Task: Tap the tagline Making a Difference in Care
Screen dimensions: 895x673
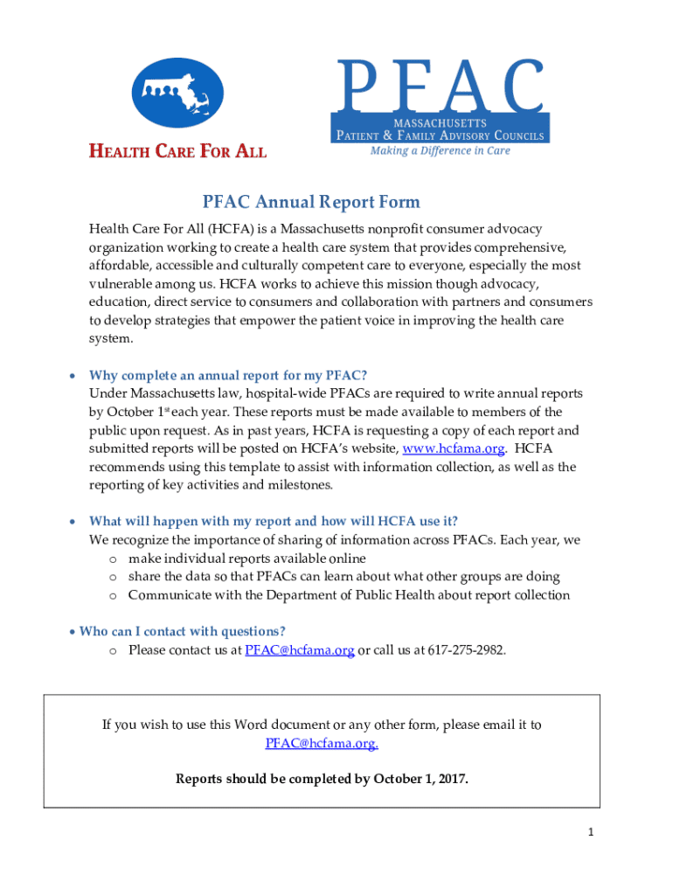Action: [x=440, y=150]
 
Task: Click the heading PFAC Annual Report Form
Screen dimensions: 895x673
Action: [x=311, y=203]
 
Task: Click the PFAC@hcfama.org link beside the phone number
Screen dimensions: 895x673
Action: [x=299, y=650]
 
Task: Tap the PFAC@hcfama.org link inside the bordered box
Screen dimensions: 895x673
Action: [x=321, y=743]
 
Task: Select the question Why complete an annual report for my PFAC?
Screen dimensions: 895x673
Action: [x=227, y=375]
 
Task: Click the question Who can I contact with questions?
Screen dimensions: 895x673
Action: [x=183, y=631]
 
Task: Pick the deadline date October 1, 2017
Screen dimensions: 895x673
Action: [x=420, y=779]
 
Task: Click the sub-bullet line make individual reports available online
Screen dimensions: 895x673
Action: [x=246, y=559]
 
